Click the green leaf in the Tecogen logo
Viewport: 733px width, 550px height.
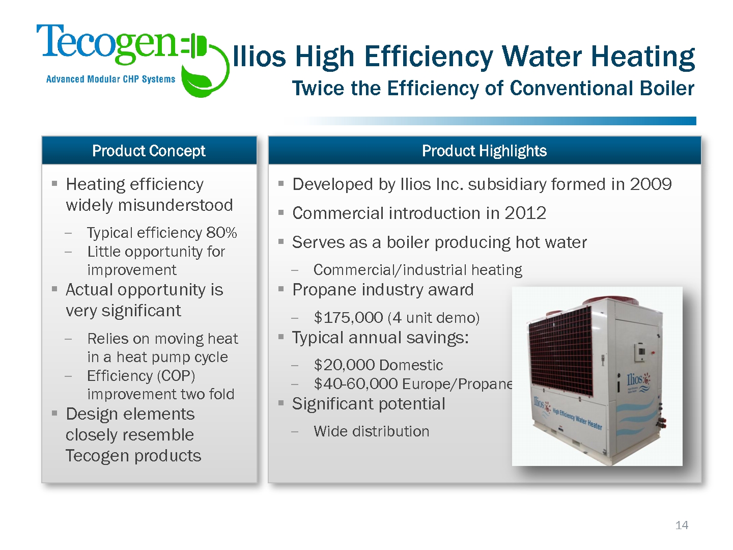pos(198,80)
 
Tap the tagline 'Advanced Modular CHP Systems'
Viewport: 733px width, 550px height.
pos(110,79)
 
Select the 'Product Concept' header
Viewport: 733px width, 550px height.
pos(149,151)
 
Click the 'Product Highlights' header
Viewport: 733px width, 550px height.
pos(484,151)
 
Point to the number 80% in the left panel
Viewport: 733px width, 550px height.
pos(221,232)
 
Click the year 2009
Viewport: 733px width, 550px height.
pos(651,184)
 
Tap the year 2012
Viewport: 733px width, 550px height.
pos(525,213)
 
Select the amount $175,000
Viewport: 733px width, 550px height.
pos(348,317)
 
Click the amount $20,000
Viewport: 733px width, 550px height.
pos(344,365)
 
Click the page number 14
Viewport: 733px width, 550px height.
pos(682,525)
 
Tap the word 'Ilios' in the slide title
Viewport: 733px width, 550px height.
pos(259,56)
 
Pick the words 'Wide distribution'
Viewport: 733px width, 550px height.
pos(372,431)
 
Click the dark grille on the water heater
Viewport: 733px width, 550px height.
pos(560,352)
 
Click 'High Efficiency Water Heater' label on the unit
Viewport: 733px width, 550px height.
pos(577,419)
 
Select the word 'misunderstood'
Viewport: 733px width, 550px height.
pos(175,205)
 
